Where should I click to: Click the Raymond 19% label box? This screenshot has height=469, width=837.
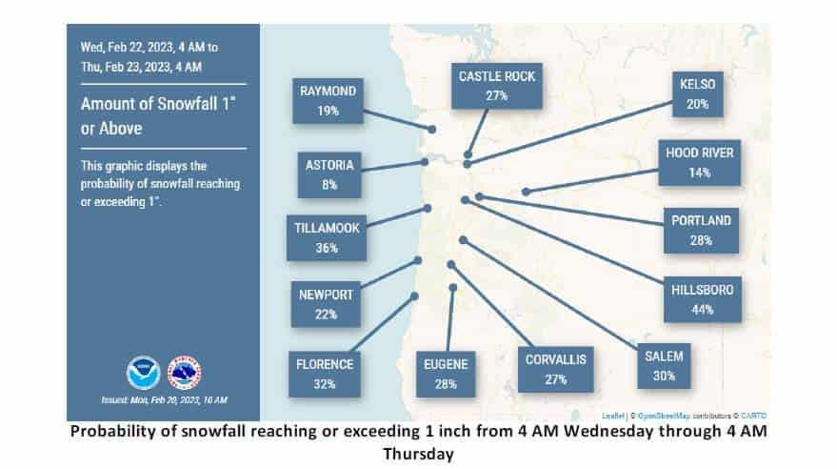pyautogui.click(x=328, y=101)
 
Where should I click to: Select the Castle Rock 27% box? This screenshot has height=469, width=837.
pyautogui.click(x=496, y=86)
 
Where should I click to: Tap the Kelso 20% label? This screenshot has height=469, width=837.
pyautogui.click(x=698, y=94)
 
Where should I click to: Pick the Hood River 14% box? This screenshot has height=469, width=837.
pyautogui.click(x=699, y=163)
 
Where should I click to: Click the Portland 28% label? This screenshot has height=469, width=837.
pyautogui.click(x=701, y=231)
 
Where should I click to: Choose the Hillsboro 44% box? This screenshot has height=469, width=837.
pyautogui.click(x=703, y=299)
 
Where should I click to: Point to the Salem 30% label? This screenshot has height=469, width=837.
pyautogui.click(x=664, y=366)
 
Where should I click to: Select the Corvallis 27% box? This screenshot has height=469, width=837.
pyautogui.click(x=556, y=370)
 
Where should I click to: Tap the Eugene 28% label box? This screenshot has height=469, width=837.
pyautogui.click(x=446, y=374)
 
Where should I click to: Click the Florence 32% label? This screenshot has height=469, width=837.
pyautogui.click(x=325, y=374)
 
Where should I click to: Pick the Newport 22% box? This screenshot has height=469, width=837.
pyautogui.click(x=326, y=304)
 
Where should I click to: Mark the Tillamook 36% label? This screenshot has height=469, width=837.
pyautogui.click(x=327, y=237)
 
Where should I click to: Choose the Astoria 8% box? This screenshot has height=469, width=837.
pyautogui.click(x=329, y=174)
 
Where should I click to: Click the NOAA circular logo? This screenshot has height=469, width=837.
pyautogui.click(x=143, y=373)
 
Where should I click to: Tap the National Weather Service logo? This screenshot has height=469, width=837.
pyautogui.click(x=184, y=373)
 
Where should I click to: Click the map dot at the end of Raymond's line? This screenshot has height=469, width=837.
pyautogui.click(x=431, y=130)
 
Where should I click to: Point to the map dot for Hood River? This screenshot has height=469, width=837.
pyautogui.click(x=526, y=192)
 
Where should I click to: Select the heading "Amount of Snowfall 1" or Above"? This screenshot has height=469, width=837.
pyautogui.click(x=158, y=116)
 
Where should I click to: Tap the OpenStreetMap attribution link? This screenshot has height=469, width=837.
pyautogui.click(x=664, y=416)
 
